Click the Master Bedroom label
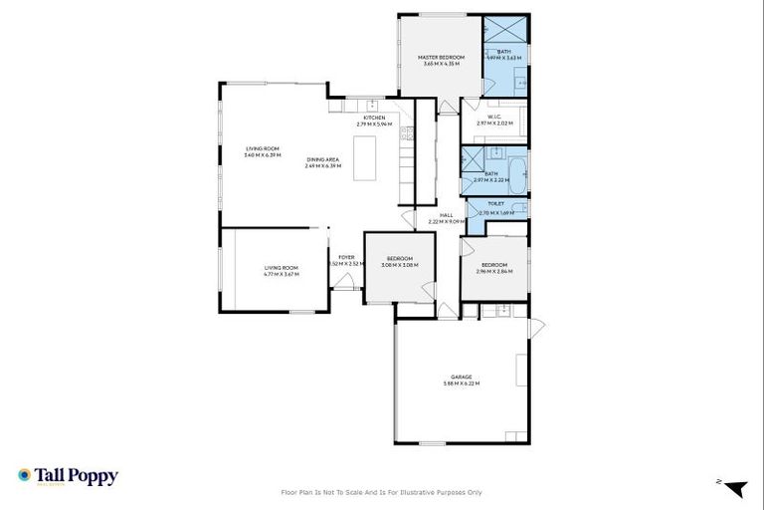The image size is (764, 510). [439, 60]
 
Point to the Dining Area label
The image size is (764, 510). [323, 161]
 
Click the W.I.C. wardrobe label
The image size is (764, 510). [492, 119]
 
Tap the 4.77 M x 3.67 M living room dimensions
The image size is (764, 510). [282, 274]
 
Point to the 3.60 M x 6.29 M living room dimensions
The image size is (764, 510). [264, 156]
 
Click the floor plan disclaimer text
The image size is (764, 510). [382, 492]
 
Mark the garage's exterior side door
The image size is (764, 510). [537, 328]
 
